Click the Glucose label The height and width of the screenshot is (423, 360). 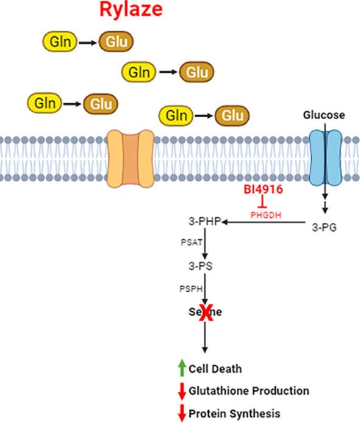point(324,115)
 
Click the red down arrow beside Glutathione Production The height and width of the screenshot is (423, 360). point(181,391)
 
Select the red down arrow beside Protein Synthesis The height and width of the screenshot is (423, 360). point(181,413)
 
